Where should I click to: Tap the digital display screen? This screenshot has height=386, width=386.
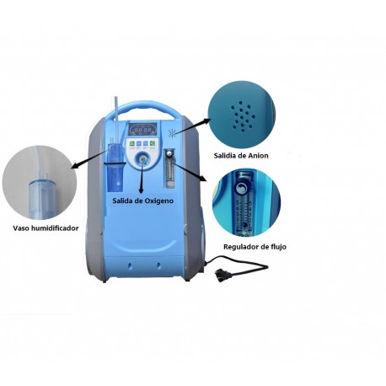tap(143, 130)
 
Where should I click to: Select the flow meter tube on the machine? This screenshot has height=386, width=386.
tap(169, 169)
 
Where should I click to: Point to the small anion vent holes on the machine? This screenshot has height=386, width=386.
tap(172, 133)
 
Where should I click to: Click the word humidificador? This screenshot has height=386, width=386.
tap(55, 228)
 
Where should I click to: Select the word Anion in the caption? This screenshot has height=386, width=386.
tap(258, 156)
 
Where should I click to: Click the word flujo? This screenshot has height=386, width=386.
tap(279, 247)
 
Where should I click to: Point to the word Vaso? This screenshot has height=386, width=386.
tap(21, 228)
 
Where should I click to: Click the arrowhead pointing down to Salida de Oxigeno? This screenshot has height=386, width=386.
tap(141, 190)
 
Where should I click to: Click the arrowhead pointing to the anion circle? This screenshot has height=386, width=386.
tap(206, 121)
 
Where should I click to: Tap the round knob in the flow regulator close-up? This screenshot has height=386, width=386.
tap(241, 188)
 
